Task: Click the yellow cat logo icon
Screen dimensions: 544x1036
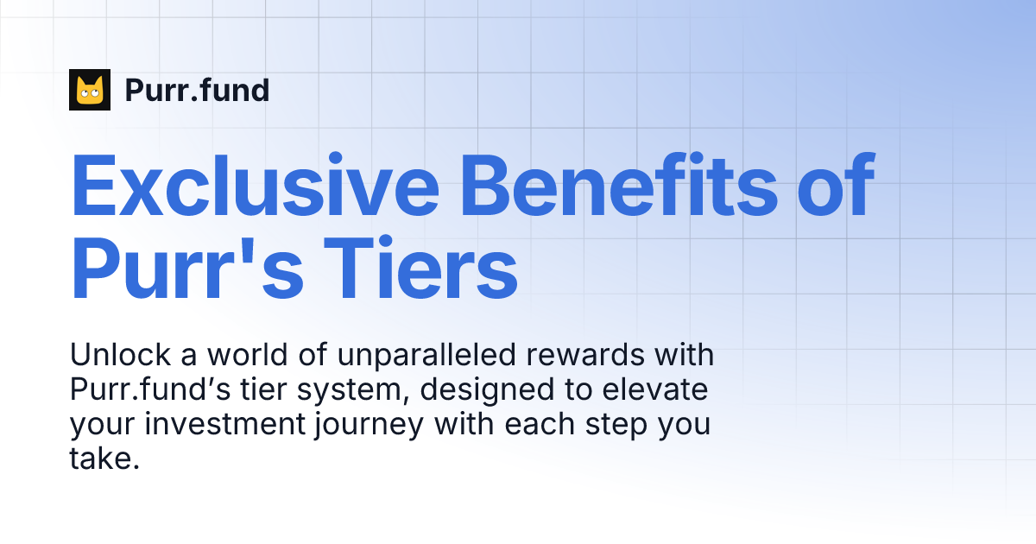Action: (90, 90)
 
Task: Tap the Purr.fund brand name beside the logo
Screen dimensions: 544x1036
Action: (197, 90)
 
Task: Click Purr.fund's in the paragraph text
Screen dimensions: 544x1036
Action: (156, 390)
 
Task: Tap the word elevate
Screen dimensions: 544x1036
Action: (656, 390)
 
